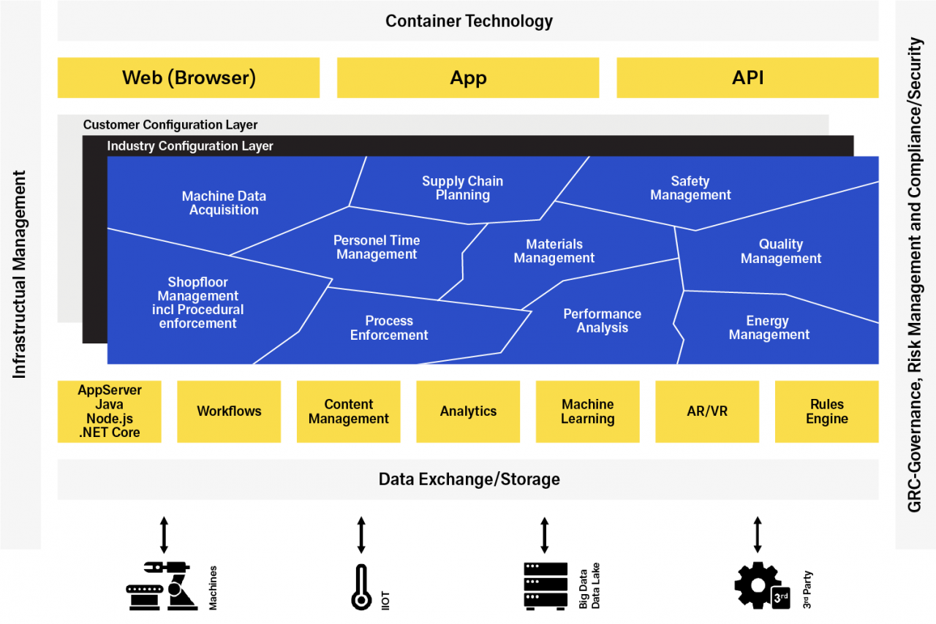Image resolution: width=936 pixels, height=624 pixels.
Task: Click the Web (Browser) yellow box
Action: [x=189, y=77]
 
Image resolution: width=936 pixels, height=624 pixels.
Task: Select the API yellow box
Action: [x=747, y=77]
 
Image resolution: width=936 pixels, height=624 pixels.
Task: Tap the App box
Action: [x=468, y=77]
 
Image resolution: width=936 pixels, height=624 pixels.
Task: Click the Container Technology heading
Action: [x=469, y=20]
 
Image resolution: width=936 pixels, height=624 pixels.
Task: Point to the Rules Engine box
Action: [x=826, y=411]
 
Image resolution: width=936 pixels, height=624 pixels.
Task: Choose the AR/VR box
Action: [x=706, y=411]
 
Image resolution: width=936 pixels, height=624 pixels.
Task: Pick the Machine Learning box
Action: [x=587, y=411]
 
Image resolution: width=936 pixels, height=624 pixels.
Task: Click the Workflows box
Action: [x=229, y=411]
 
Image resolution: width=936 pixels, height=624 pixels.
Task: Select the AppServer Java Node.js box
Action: [x=110, y=411]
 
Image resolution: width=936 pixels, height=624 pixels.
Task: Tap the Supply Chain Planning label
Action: [x=462, y=188]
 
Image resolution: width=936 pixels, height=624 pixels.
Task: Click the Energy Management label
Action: [x=769, y=327]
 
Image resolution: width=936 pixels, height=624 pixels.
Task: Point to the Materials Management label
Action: [x=554, y=251]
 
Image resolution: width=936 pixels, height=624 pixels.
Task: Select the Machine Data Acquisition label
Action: [x=224, y=203]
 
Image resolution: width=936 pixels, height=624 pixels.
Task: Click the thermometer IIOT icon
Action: [x=361, y=587]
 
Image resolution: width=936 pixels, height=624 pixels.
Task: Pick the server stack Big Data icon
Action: [x=546, y=585]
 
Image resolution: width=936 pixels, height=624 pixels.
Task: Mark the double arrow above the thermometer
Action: [x=361, y=535]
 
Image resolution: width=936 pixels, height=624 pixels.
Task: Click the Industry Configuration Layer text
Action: [x=190, y=146]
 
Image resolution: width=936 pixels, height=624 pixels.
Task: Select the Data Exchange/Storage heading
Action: [x=469, y=479]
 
